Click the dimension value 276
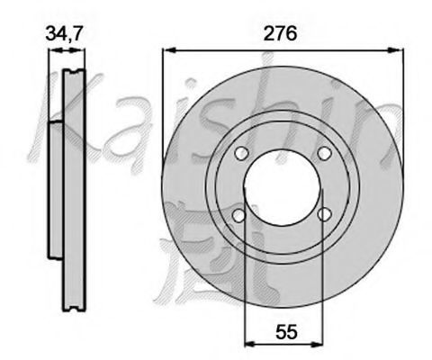pos(280,33)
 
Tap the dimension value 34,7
pos(64,33)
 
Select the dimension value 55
pos(286,332)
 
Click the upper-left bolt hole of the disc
pos(241,154)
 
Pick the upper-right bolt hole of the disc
pos(324,153)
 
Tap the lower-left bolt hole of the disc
pos(239,215)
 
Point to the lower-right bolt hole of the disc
pos(325,214)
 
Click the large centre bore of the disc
pos(283,186)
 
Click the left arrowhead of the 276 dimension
pos(169,50)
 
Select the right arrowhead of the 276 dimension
pos(396,50)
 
